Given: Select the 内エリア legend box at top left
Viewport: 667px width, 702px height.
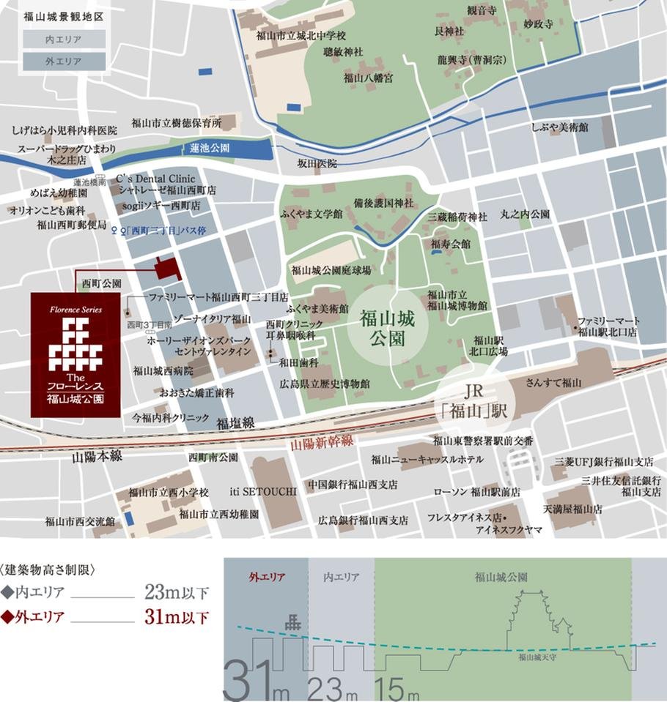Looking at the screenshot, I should [63, 40].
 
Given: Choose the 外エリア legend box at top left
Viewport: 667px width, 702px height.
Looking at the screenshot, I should [63, 61].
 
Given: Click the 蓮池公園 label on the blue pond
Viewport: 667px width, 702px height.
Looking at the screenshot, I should [210, 148].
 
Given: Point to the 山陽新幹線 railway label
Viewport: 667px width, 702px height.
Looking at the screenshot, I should [323, 441].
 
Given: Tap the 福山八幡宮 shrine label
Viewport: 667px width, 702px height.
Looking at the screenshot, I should [368, 77].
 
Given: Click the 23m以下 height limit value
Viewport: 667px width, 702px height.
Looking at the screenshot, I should [177, 592].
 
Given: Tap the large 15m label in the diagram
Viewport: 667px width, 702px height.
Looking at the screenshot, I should [396, 689].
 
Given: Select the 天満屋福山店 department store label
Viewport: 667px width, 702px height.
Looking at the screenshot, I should [572, 508].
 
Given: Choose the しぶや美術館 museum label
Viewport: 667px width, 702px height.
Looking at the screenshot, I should [561, 127].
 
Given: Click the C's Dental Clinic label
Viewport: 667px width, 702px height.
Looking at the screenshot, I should [156, 178].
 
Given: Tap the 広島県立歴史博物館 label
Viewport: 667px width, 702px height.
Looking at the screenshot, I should [325, 384].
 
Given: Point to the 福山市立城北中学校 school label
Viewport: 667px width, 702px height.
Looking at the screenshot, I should [301, 34].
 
